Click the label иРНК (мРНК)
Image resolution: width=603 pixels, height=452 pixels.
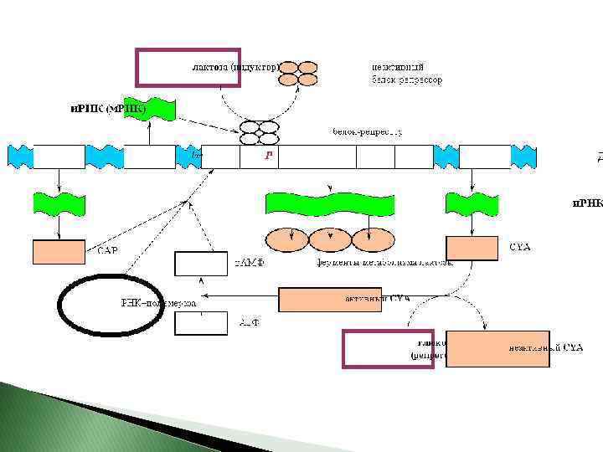coord(106,109)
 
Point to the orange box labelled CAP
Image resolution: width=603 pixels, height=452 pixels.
coord(59,251)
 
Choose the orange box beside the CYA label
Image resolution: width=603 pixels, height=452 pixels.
coord(472,249)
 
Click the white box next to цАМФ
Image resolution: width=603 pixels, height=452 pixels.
coord(201,263)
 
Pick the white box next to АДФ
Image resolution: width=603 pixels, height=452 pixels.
coord(201,322)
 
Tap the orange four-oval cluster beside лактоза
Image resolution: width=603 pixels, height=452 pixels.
coord(299,74)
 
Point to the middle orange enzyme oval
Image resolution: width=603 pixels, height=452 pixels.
coord(330,240)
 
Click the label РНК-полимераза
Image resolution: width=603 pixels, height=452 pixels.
coord(158,303)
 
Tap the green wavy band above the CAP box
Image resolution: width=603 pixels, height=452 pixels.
coord(59,202)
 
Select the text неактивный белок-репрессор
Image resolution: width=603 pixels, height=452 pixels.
coord(407,74)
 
